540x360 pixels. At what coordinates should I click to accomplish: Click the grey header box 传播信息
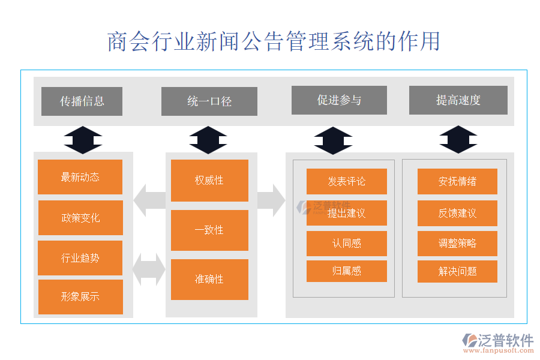tap(82, 101)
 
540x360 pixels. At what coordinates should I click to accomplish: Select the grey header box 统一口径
tap(209, 101)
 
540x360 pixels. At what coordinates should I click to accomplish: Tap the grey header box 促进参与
tap(339, 100)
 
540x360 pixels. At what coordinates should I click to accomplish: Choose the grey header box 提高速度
tap(458, 100)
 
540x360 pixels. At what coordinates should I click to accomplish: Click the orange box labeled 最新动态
tap(80, 177)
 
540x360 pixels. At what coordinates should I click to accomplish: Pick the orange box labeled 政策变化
tap(80, 218)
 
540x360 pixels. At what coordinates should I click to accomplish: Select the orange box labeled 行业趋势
tap(80, 258)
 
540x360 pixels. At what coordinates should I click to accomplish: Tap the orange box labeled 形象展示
tap(80, 296)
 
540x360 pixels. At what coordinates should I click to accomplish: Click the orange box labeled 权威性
tap(209, 180)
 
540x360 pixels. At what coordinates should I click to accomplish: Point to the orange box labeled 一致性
tap(209, 230)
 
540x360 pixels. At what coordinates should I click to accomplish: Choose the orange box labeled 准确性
tap(209, 279)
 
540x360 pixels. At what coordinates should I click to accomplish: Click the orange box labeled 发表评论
tap(347, 181)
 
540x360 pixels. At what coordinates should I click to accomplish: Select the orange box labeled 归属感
tap(347, 271)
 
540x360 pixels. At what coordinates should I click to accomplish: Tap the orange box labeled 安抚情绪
tap(458, 181)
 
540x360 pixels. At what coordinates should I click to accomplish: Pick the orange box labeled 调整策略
tap(458, 244)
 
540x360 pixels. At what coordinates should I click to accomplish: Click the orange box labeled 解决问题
tap(458, 271)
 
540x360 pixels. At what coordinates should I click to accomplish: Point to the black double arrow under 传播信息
tap(83, 140)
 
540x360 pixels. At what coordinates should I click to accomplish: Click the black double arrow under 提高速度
tap(458, 140)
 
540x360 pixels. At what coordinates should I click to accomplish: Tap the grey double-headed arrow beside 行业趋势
tap(149, 269)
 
